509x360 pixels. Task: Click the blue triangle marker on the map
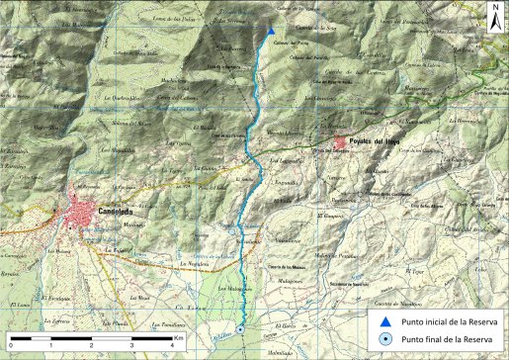(270, 31)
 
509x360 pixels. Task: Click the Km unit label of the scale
(178, 336)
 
